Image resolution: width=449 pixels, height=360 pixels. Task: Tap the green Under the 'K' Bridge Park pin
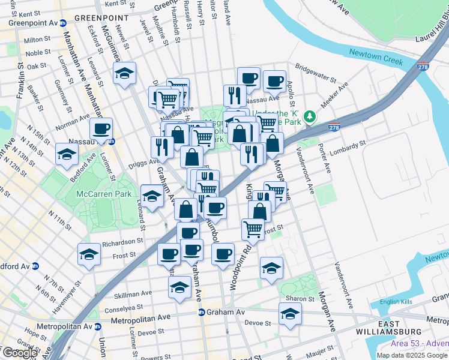pyautogui.click(x=309, y=115)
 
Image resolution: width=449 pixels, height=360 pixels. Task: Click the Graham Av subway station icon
pyautogui.click(x=202, y=312)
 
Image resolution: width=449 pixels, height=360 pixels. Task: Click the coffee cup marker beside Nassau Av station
pyautogui.click(x=101, y=128)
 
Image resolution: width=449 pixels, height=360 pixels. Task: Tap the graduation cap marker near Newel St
pyautogui.click(x=124, y=73)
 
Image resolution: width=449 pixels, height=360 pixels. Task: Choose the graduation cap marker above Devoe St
pyautogui.click(x=290, y=313)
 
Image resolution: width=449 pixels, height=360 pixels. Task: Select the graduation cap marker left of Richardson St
pyautogui.click(x=89, y=254)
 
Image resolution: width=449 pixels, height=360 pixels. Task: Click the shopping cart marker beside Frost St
pyautogui.click(x=253, y=229)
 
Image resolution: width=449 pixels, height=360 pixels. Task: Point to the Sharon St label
pyautogui.click(x=300, y=299)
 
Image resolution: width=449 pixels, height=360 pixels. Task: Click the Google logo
pyautogui.click(x=20, y=353)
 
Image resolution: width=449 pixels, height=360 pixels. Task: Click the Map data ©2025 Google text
pyautogui.click(x=412, y=355)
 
